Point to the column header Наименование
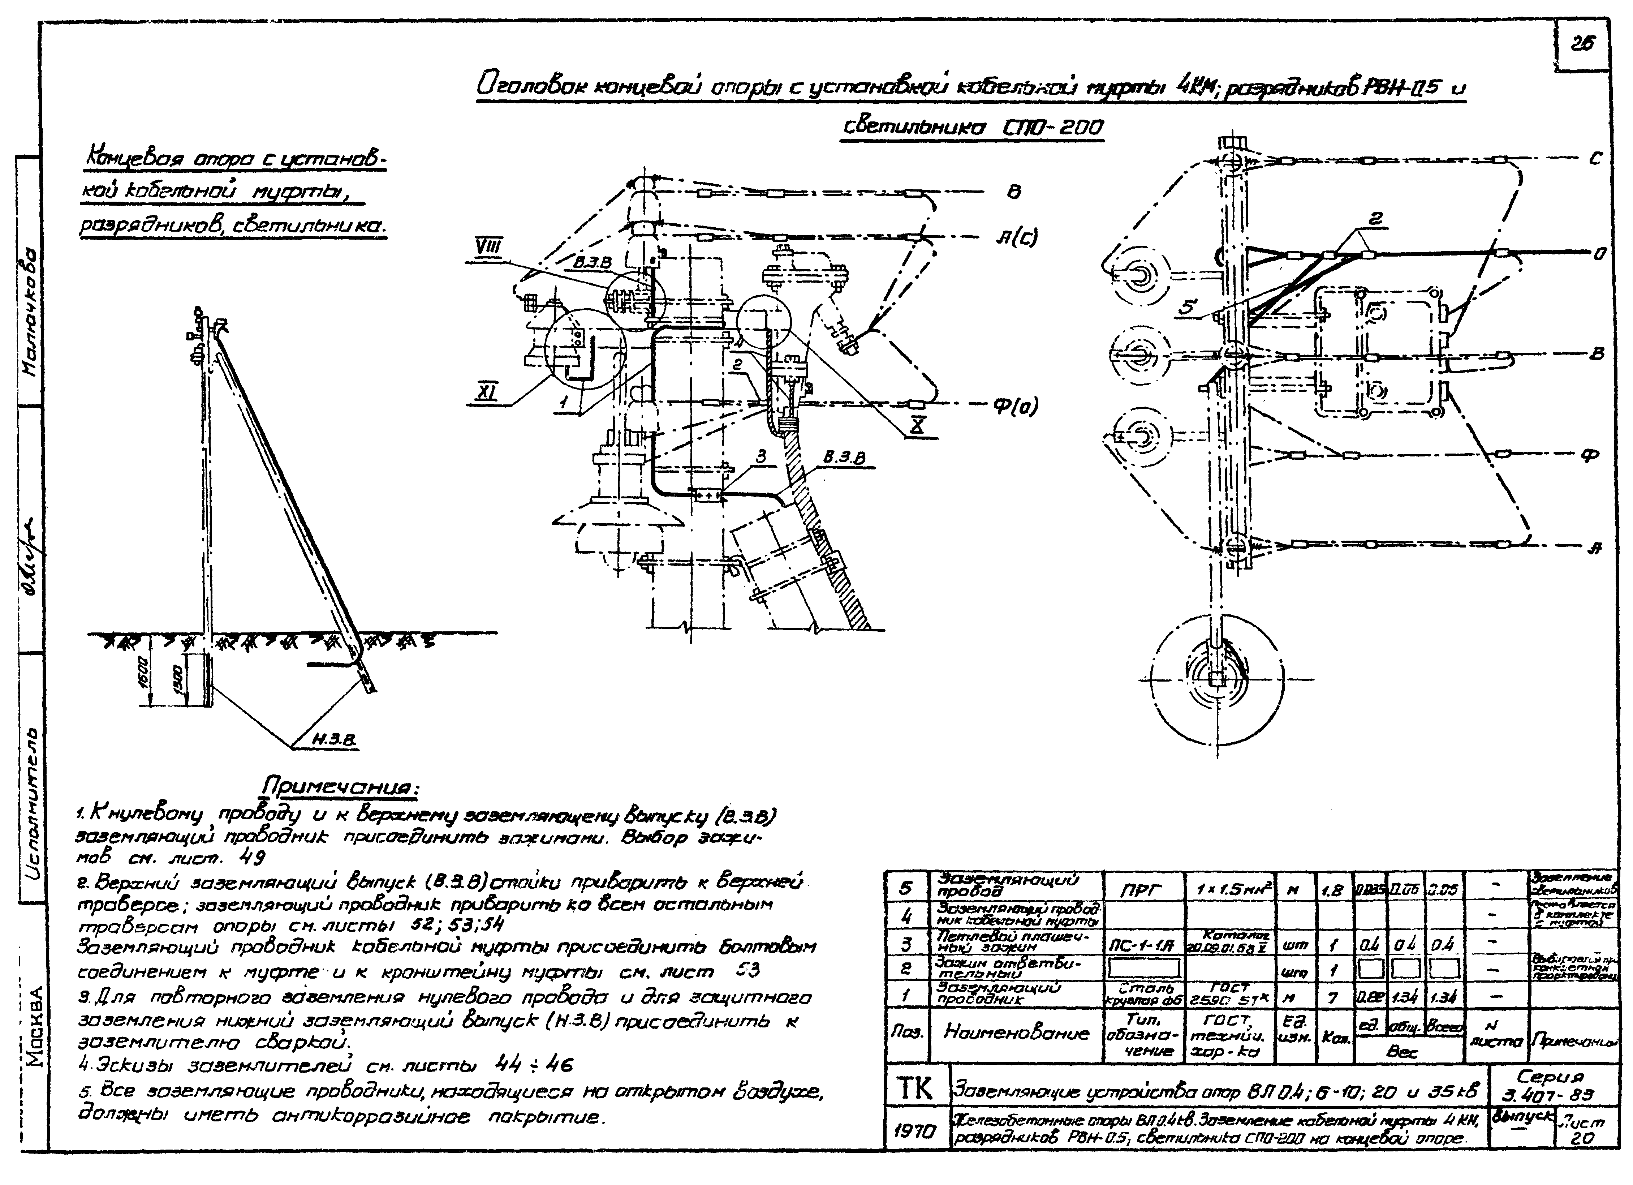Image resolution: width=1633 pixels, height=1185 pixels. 1015,1034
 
